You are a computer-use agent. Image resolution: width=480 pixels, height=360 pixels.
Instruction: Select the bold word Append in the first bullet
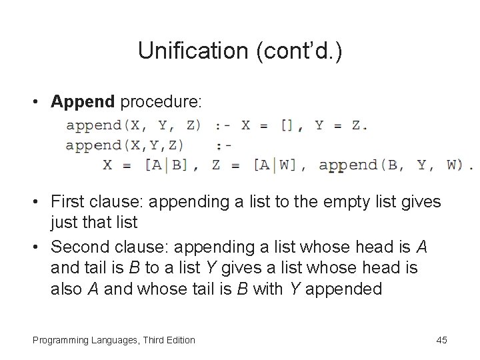tap(83, 101)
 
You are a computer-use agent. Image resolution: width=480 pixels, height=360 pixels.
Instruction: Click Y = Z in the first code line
tap(341, 125)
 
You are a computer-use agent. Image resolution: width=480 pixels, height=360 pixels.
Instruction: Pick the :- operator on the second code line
tap(225, 145)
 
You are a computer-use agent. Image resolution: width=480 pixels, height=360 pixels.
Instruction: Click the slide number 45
tap(441, 340)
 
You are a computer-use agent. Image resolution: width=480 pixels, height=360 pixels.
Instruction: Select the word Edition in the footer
tap(178, 340)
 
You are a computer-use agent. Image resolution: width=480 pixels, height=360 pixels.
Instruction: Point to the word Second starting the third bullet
tap(79, 247)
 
